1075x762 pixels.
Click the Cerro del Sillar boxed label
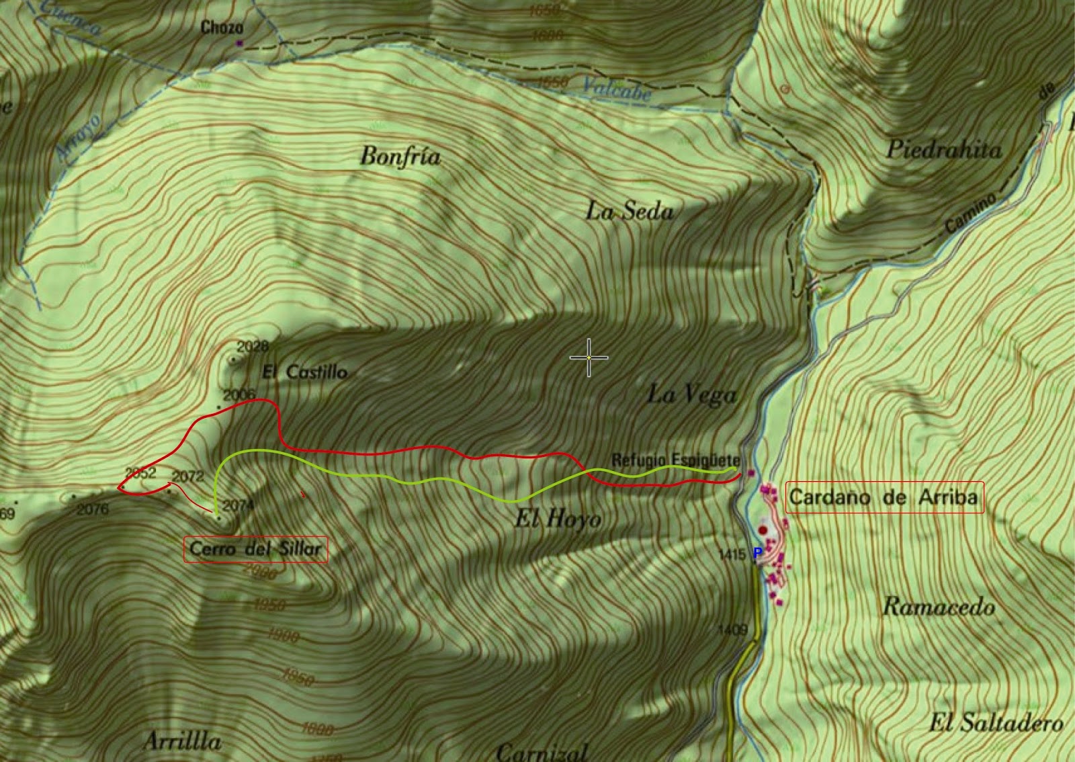point(256,549)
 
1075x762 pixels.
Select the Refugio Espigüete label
point(675,461)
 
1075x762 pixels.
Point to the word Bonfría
point(400,157)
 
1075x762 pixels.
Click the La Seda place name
point(629,212)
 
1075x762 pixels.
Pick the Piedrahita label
point(943,149)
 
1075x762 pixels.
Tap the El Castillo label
point(304,372)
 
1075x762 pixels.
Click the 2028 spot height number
point(253,347)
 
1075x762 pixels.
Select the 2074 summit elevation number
point(237,505)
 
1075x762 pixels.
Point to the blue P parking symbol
point(757,553)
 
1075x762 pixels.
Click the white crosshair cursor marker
point(589,357)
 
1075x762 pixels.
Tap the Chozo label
point(222,28)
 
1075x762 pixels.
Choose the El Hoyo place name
point(558,519)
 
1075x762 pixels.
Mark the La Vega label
point(691,394)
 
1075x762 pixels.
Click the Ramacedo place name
point(938,607)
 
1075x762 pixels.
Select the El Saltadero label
point(996,723)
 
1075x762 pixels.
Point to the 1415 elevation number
point(732,554)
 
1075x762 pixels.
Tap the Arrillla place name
point(181,741)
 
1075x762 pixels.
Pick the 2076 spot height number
point(93,509)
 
